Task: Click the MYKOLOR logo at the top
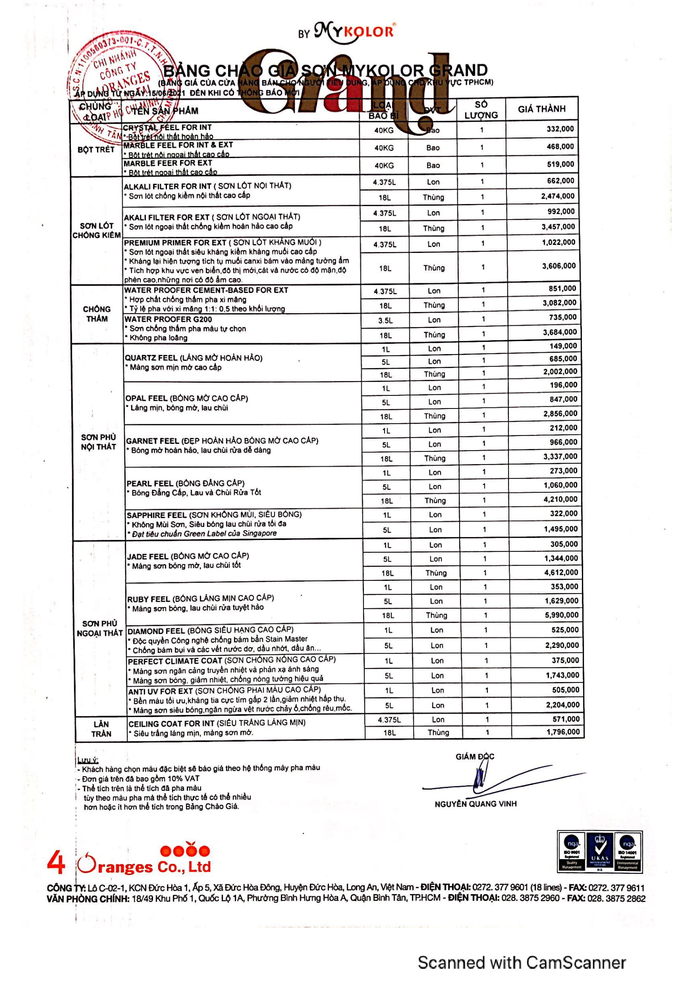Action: coord(354,32)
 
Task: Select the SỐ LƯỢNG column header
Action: coord(481,110)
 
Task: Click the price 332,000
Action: coord(560,129)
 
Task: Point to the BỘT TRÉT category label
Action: coord(96,150)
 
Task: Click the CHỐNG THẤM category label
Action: coord(97,314)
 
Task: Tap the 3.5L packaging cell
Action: coord(385,320)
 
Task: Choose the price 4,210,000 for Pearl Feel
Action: coord(560,500)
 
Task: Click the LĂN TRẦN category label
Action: coord(101,729)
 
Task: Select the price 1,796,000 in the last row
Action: coord(562,732)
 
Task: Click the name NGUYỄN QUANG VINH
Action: coord(475,804)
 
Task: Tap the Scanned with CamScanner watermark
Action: coord(521,962)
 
